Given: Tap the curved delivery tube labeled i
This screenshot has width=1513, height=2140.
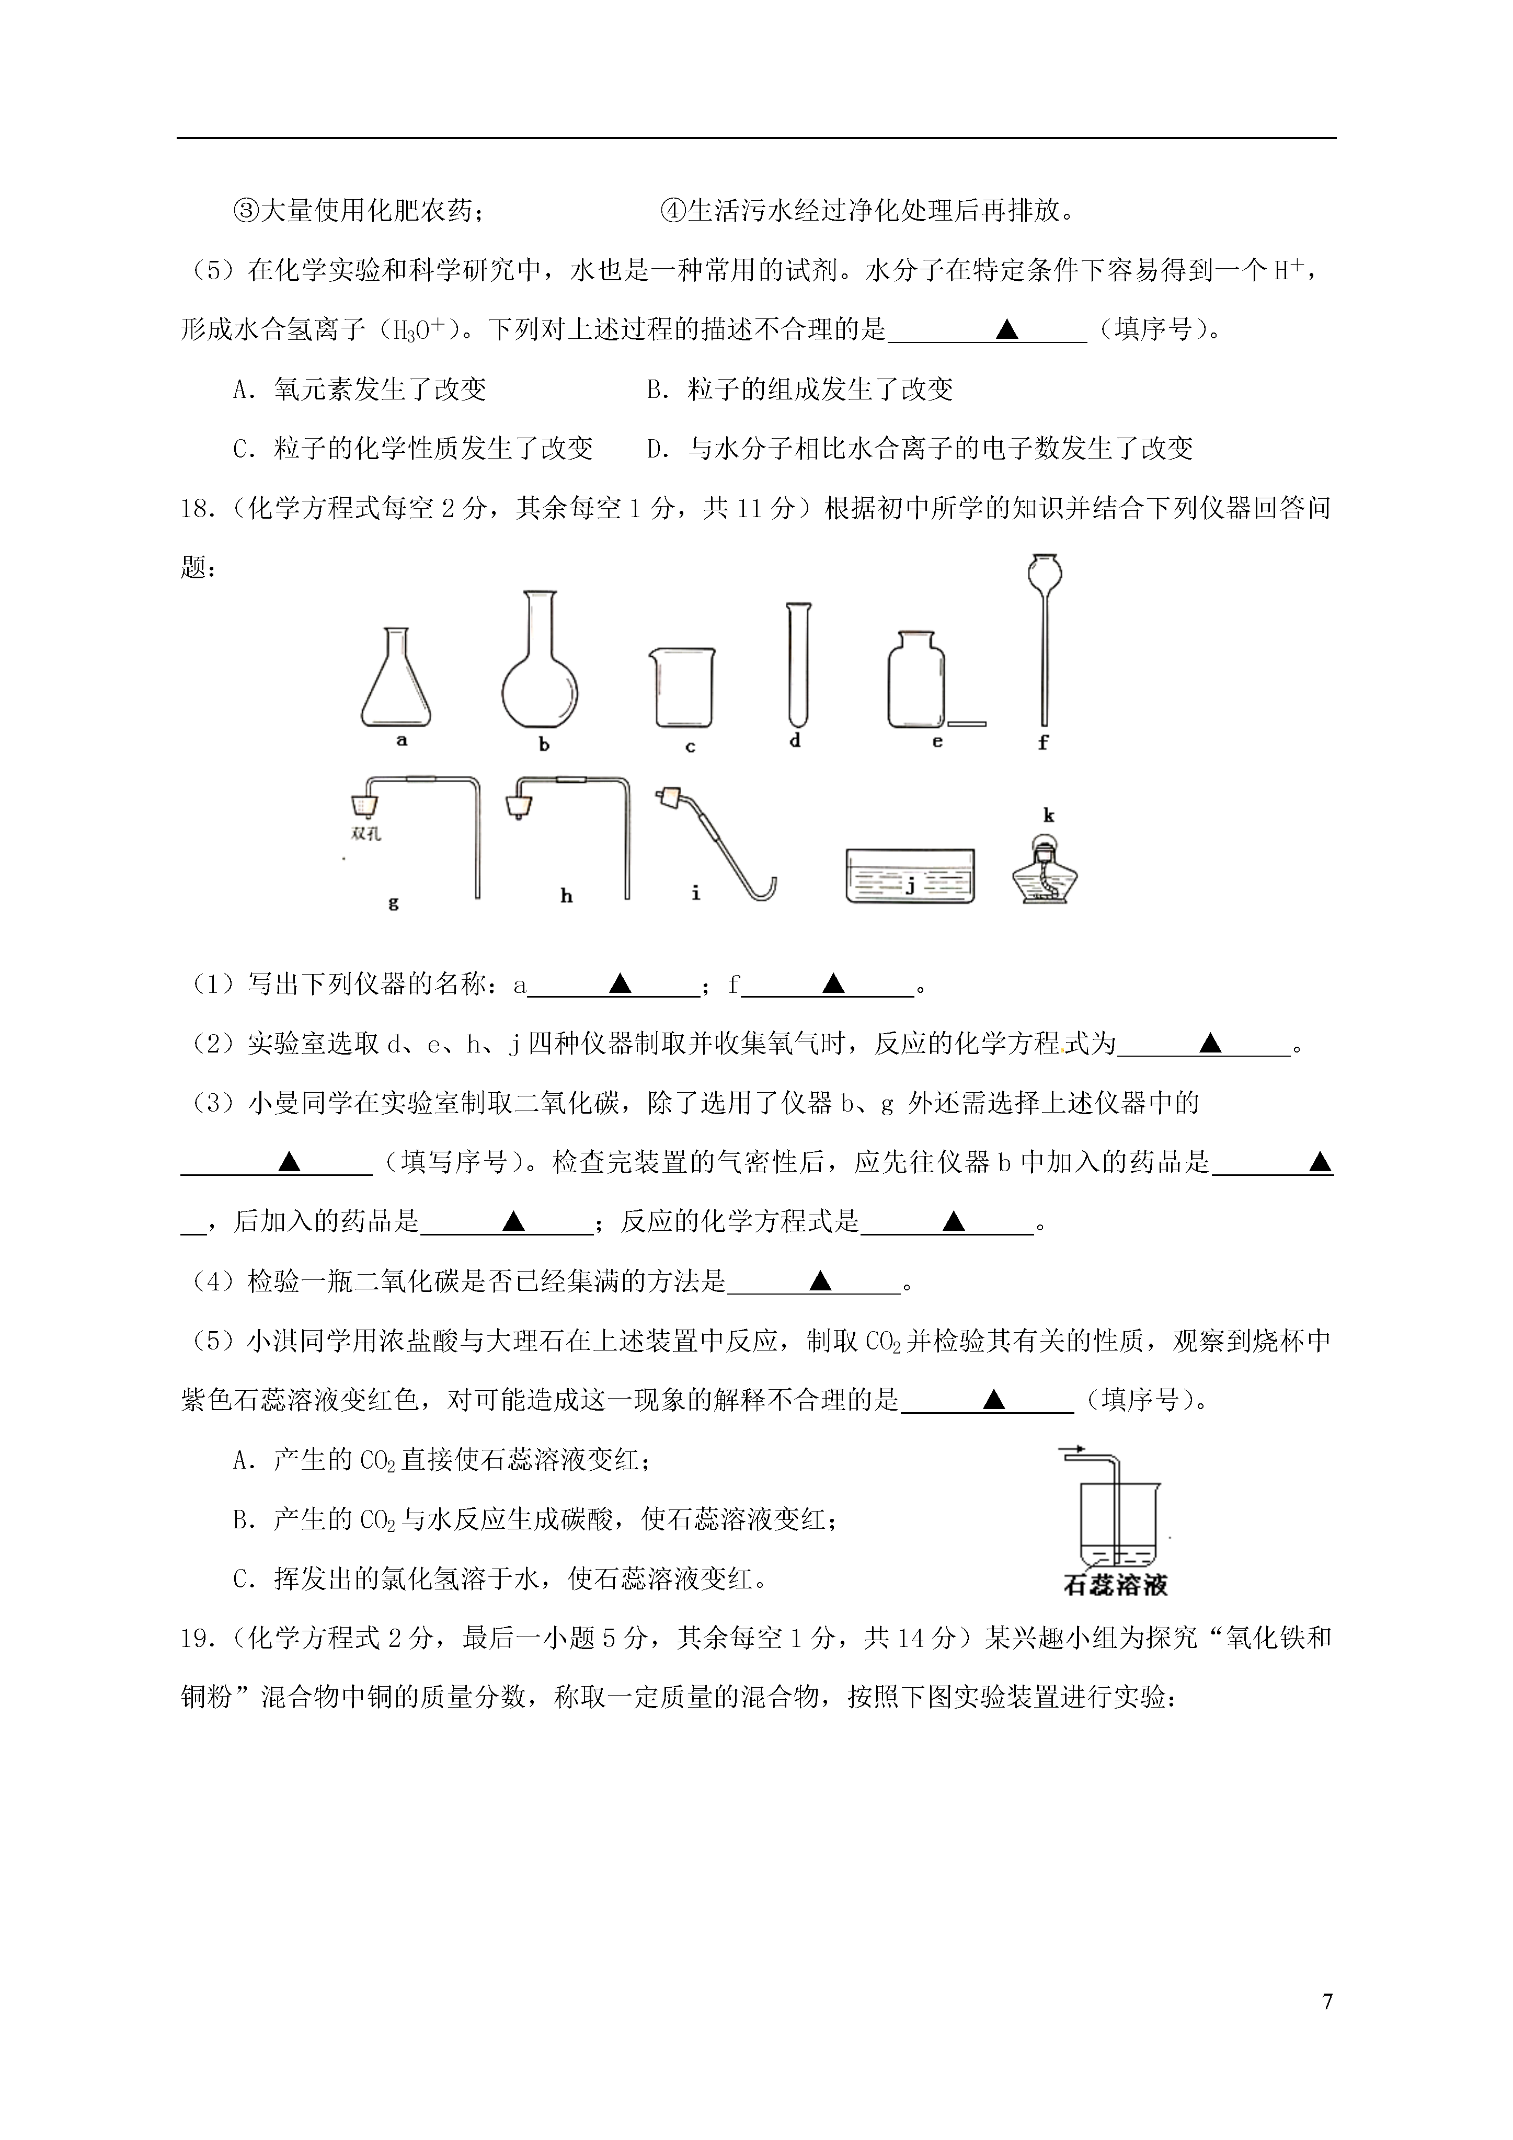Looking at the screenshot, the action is pos(718,843).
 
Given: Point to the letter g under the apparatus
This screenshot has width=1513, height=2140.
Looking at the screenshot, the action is pos(393,902).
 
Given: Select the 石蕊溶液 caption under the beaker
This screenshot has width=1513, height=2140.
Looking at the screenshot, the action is pos(1115,1585).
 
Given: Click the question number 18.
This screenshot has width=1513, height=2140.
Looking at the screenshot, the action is pos(198,509).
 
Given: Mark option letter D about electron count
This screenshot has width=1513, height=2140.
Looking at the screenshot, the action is pos(656,449).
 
